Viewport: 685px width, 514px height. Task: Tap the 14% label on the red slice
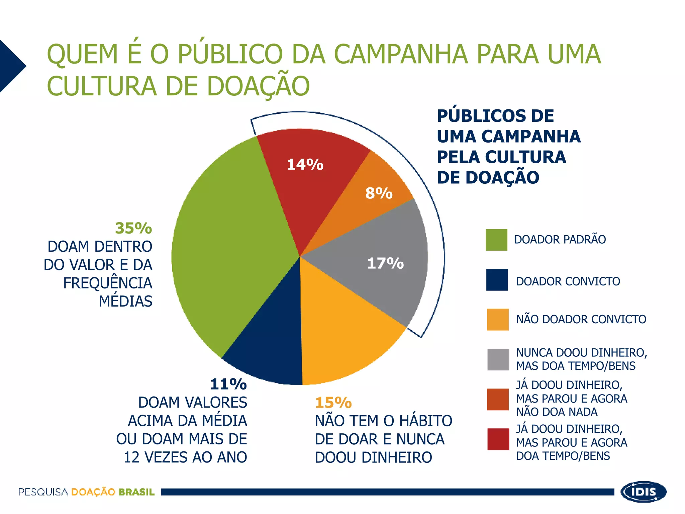coord(305,165)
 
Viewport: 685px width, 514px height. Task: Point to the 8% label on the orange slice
coord(379,193)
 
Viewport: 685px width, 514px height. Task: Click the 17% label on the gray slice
coord(385,263)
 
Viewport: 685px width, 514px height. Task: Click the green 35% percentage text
coord(133,228)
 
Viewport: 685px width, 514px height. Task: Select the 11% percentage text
coord(228,384)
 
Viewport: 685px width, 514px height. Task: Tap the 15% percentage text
coord(333,403)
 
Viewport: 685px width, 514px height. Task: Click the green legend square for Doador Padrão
coord(496,240)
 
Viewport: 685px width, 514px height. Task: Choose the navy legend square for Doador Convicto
coord(497,280)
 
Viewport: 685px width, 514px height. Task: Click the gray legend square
coord(498,359)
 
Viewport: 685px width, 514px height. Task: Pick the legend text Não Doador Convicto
coord(581,319)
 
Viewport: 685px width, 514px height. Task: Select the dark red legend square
coord(498,439)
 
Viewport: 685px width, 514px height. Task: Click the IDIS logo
coord(644,492)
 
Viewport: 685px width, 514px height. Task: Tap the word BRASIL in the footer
coord(136,492)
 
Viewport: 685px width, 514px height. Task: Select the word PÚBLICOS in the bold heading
coord(495,116)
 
